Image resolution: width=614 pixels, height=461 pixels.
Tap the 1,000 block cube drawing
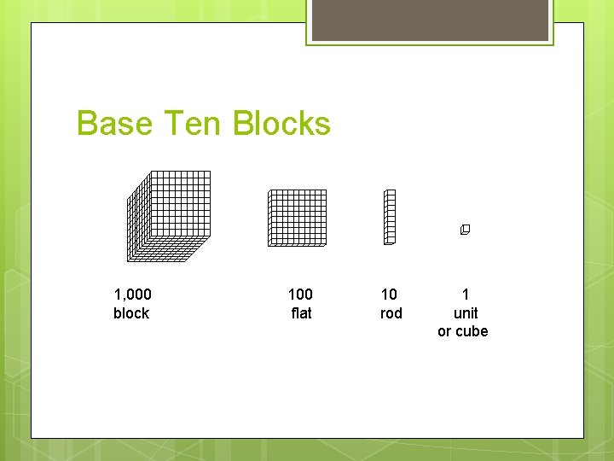click(169, 215)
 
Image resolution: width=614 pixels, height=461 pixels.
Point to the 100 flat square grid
click(298, 218)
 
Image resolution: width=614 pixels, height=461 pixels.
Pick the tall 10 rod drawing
click(390, 217)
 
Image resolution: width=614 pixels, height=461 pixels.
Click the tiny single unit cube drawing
click(465, 230)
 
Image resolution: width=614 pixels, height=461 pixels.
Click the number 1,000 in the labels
click(132, 295)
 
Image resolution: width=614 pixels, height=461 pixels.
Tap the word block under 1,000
click(131, 313)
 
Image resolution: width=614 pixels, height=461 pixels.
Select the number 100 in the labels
click(300, 295)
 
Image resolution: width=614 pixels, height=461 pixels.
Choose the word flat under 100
click(301, 313)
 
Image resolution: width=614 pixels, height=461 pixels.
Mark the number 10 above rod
click(389, 295)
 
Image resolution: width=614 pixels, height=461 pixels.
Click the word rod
click(391, 313)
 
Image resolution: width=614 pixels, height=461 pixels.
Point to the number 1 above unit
click(466, 295)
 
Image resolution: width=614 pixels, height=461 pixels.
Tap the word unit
click(466, 313)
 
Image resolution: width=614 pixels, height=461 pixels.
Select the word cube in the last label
click(472, 331)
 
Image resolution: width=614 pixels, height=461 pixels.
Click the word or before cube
click(445, 331)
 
